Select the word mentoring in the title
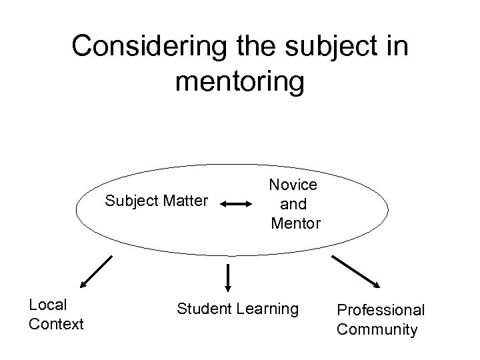[240, 81]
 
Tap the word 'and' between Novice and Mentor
[293, 203]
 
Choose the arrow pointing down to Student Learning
[229, 277]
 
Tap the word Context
[57, 324]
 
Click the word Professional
[381, 310]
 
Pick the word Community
[377, 329]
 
